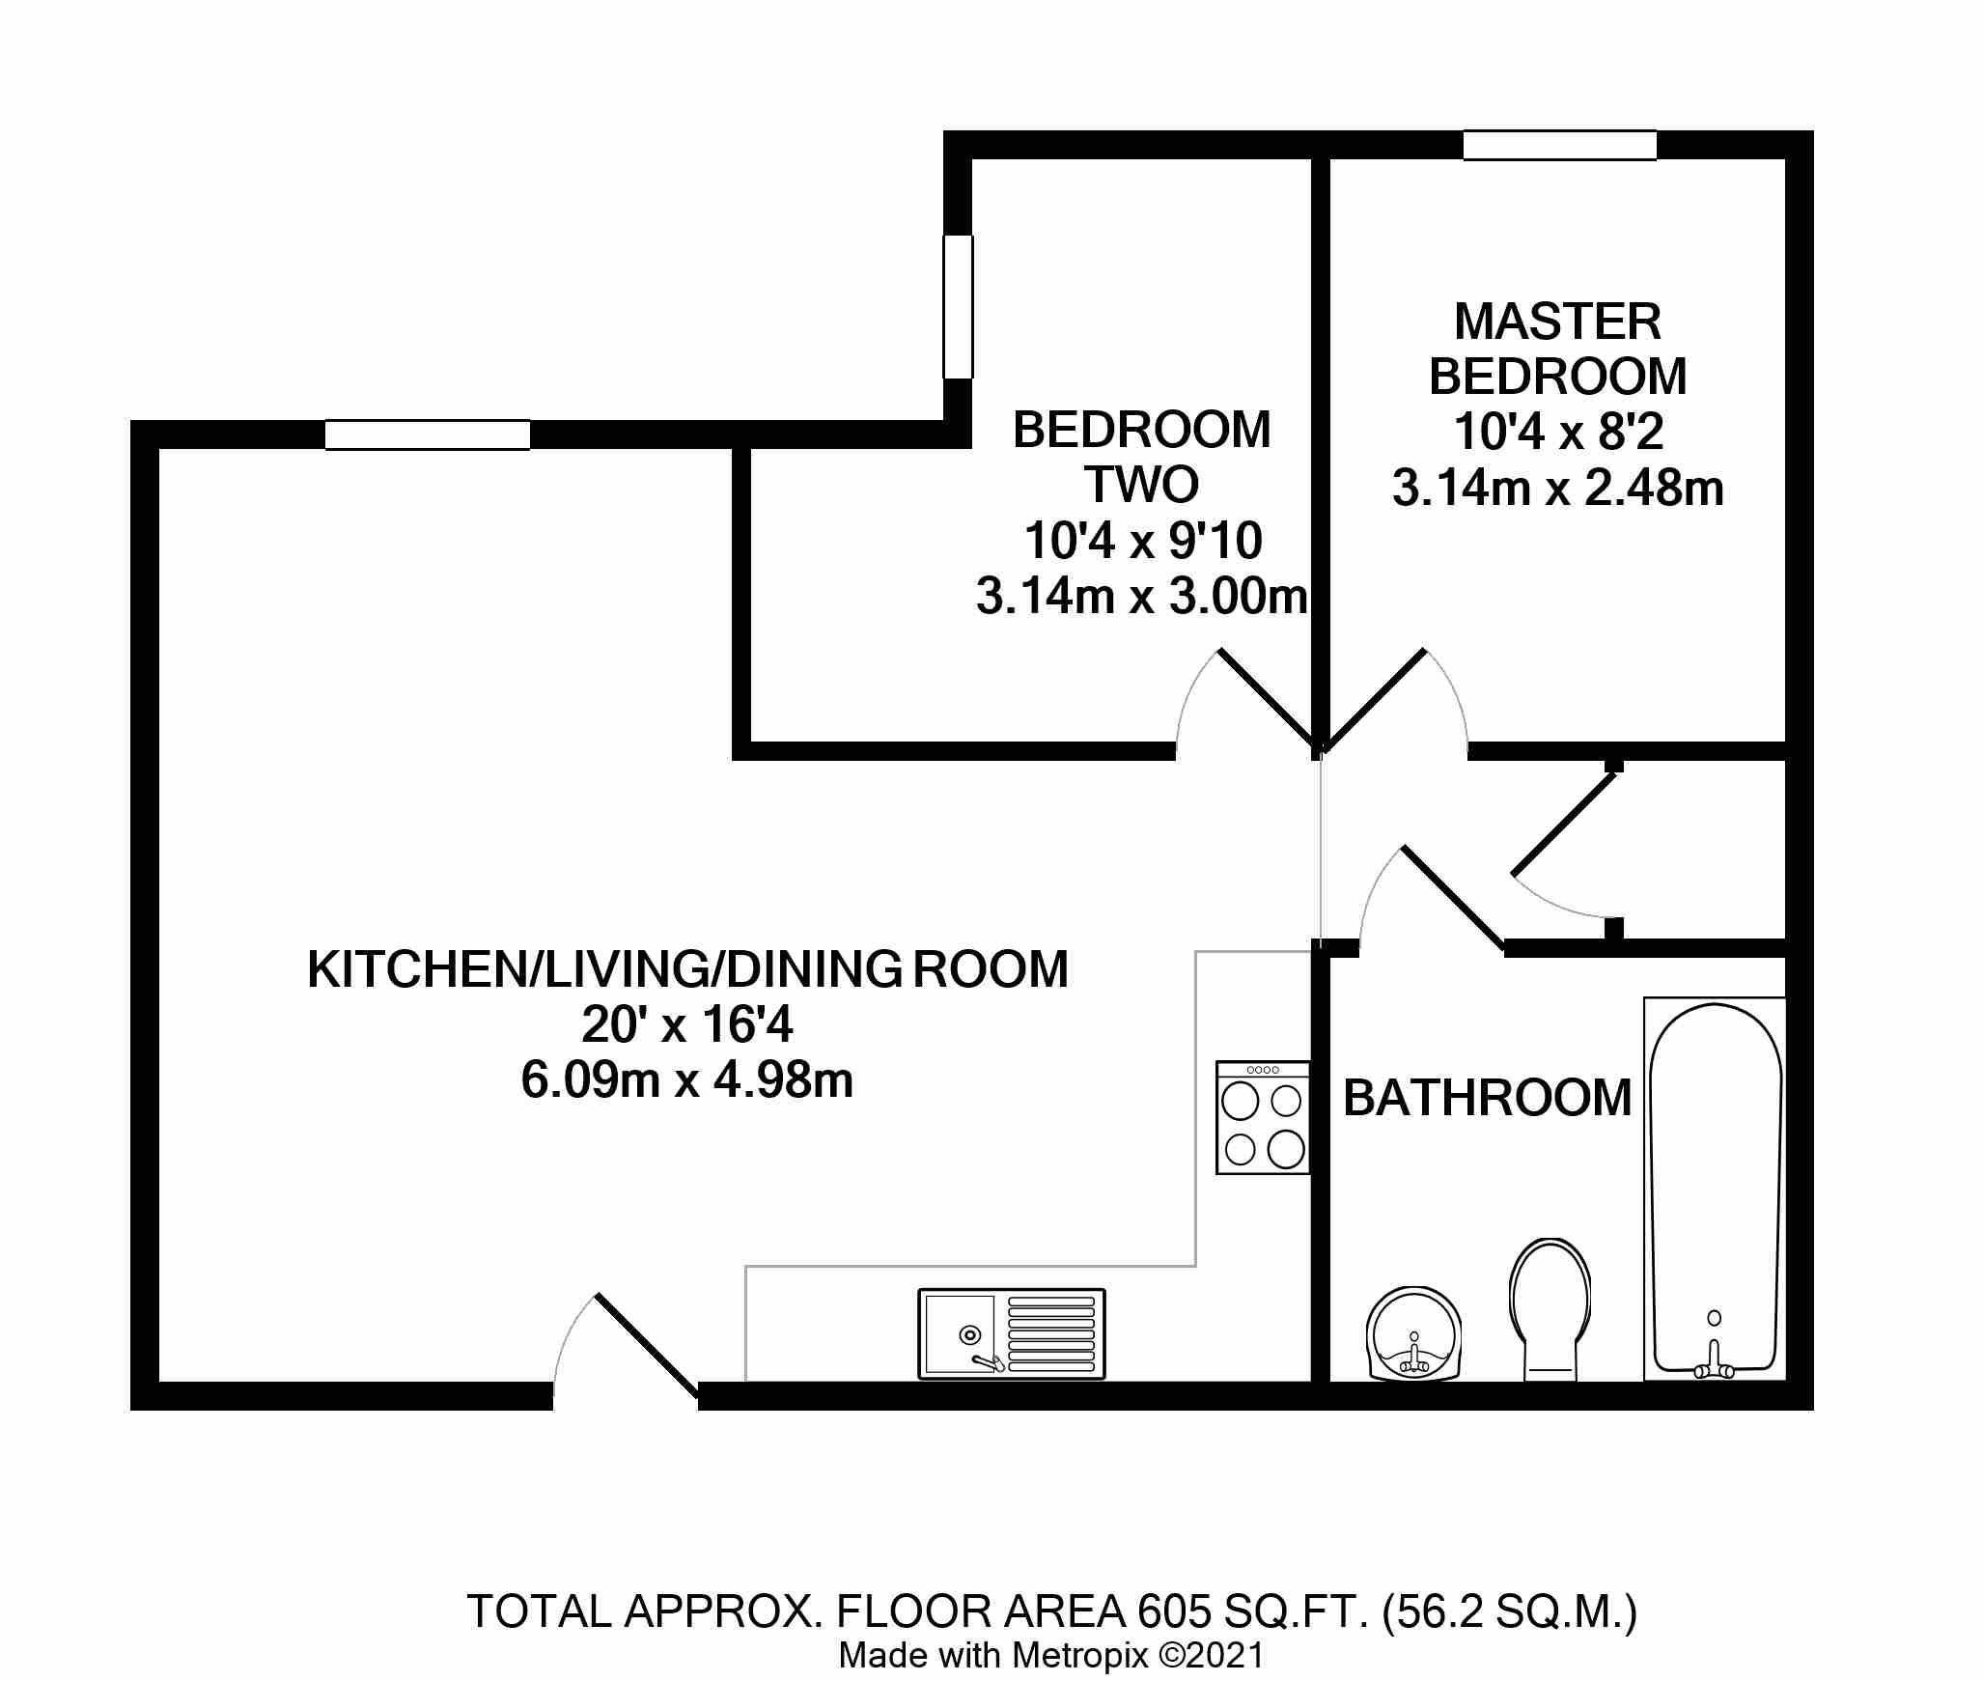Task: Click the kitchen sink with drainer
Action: (x=1011, y=1333)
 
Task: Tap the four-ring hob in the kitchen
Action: (x=1263, y=1118)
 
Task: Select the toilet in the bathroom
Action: (x=1549, y=1311)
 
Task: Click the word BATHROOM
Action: (x=1487, y=1099)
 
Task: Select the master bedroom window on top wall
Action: (x=1559, y=146)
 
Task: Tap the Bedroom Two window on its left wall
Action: (x=958, y=307)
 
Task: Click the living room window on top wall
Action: (x=428, y=435)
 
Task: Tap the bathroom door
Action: (x=1451, y=899)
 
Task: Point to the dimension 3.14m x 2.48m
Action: (x=1557, y=489)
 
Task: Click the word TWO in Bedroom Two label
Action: (x=1142, y=485)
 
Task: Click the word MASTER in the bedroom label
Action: (x=1557, y=322)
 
